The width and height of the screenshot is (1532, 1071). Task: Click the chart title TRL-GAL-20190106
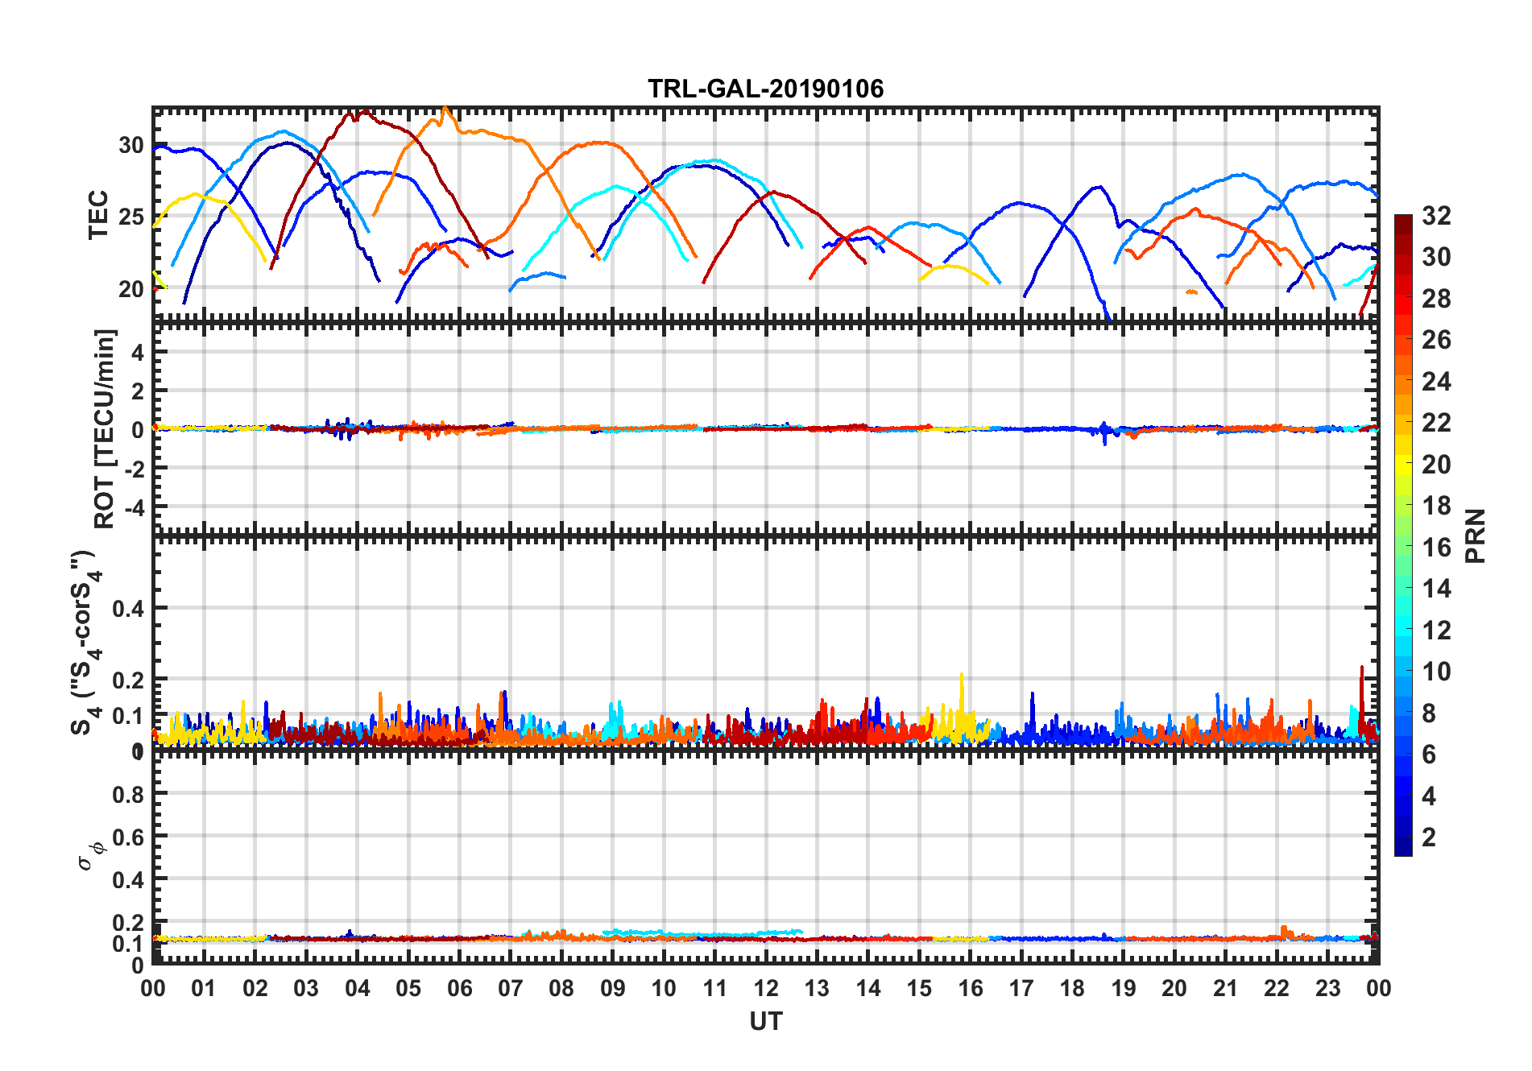(765, 89)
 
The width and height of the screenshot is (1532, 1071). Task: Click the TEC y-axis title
(98, 215)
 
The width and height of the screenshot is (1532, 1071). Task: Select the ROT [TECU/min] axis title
(105, 428)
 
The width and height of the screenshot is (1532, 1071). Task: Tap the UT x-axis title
(765, 1021)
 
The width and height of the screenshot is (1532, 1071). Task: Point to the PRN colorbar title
(1475, 535)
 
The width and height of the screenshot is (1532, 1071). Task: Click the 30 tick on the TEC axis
(131, 146)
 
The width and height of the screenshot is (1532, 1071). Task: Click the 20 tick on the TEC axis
(131, 289)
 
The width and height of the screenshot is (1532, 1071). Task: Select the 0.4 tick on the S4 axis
(128, 609)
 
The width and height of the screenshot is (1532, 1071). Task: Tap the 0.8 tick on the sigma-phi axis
(128, 794)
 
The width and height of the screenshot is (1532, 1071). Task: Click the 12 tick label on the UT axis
(766, 988)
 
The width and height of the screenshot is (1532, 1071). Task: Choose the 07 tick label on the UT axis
(511, 988)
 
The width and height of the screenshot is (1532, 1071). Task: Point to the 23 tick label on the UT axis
(1327, 988)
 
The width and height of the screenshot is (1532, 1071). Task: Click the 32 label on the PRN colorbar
(1436, 216)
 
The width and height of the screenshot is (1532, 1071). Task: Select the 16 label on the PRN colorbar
(1436, 548)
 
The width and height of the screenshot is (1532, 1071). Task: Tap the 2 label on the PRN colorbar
(1430, 837)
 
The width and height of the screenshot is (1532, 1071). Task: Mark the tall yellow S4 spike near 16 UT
(961, 676)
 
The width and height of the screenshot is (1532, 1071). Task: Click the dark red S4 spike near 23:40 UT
(1362, 668)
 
